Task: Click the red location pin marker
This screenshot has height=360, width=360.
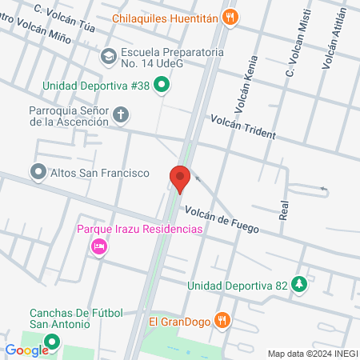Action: [x=180, y=178]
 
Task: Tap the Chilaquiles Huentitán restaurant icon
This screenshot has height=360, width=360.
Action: [x=230, y=16]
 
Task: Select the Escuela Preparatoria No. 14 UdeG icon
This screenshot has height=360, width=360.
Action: [x=108, y=56]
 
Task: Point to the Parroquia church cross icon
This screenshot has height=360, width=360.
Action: [x=121, y=115]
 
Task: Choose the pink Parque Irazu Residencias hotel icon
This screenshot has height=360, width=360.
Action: [x=100, y=246]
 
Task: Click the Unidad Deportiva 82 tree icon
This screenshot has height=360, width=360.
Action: [x=299, y=285]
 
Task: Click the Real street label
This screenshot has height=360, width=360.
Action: [x=283, y=210]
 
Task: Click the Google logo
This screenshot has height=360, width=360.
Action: [x=26, y=350]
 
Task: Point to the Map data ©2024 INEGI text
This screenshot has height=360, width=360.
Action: [x=311, y=353]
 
